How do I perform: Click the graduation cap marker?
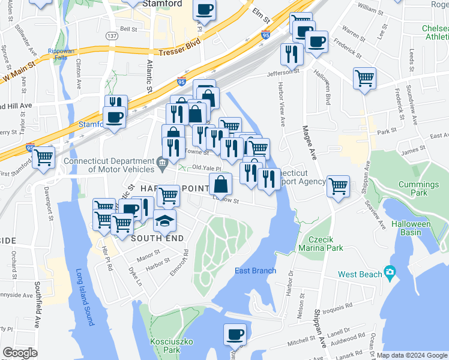pos(164,220)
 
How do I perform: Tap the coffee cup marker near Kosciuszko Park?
pos(235,334)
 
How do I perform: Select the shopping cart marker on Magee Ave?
pos(338,185)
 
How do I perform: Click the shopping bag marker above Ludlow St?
pos(220,184)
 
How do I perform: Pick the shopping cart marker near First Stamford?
pos(43,157)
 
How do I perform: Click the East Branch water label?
pos(255,271)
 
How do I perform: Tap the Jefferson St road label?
pos(283,72)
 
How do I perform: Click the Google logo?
pos(20,353)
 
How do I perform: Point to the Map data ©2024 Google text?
pos(411,355)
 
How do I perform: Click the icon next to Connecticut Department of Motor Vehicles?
pos(161,161)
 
